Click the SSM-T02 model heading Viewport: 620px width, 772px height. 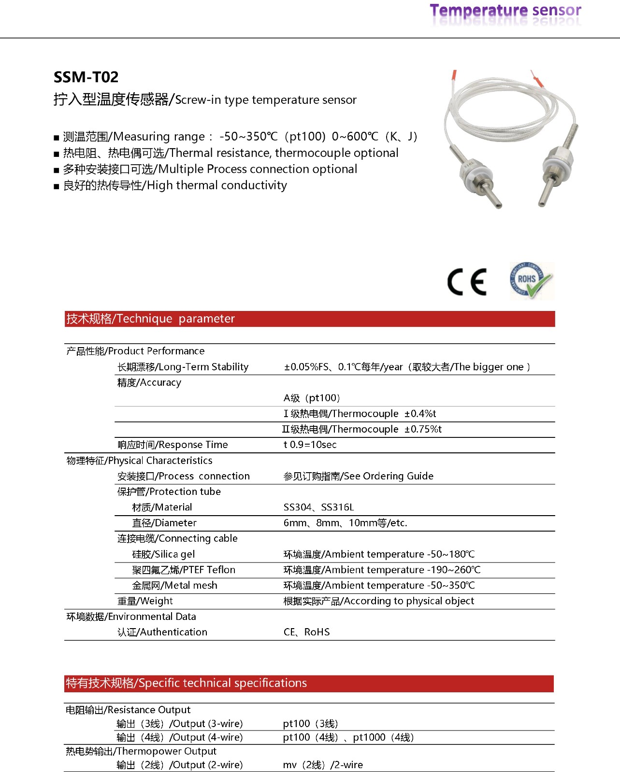(x=86, y=77)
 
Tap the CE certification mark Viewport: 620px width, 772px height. (x=467, y=282)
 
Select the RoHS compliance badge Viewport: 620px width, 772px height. (x=531, y=281)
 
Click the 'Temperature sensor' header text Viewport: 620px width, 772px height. (x=505, y=11)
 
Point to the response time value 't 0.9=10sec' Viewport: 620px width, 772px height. (x=310, y=445)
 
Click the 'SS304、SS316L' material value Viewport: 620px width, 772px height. (x=318, y=507)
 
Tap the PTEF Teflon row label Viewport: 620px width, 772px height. (x=184, y=570)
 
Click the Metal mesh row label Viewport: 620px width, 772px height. (x=174, y=586)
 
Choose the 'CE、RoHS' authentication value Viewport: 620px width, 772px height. (x=306, y=632)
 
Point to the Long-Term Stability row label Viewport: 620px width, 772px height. (x=183, y=367)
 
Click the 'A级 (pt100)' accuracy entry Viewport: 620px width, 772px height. (x=312, y=398)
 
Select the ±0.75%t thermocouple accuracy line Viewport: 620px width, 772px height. (x=361, y=429)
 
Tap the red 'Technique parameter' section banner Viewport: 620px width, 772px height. (x=309, y=319)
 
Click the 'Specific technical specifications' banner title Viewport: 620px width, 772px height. (x=187, y=683)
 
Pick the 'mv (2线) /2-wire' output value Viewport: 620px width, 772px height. (x=323, y=765)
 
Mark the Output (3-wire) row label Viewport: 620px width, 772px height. (x=179, y=724)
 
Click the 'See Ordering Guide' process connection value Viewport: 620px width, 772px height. (x=358, y=476)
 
